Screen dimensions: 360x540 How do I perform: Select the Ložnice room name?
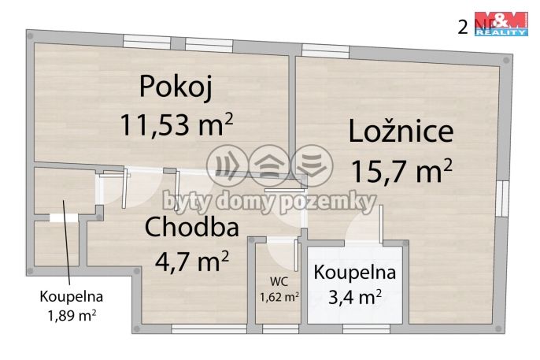point(401,131)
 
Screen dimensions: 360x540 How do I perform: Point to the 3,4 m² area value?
point(355,297)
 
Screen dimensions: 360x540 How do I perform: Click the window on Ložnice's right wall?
point(502,197)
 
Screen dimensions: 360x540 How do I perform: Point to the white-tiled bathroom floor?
point(356,311)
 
